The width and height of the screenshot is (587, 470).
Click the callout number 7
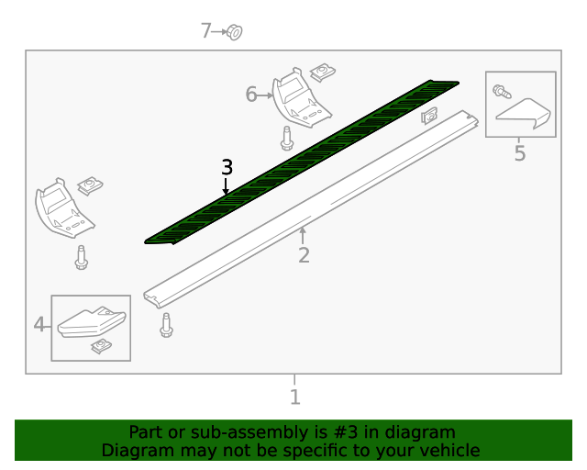pos(206,31)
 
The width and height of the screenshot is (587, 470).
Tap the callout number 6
pos(251,94)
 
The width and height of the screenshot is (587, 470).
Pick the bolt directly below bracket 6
pos(287,139)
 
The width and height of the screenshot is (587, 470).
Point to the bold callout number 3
pos(227,167)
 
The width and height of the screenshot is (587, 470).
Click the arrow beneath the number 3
pos(227,186)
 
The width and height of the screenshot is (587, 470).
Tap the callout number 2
pos(304,255)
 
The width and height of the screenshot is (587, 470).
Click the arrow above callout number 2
pos(303,235)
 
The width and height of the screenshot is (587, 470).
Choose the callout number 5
pos(520,153)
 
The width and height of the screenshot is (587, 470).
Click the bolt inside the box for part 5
pos(501,91)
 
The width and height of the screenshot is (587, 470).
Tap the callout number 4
pos(40,324)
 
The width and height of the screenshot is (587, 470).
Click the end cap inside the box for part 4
pos(91,321)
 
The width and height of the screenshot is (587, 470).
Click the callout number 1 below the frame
pos(294,397)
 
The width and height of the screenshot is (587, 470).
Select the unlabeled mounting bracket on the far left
pos(61,207)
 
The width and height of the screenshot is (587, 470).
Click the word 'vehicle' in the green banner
pos(449,451)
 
